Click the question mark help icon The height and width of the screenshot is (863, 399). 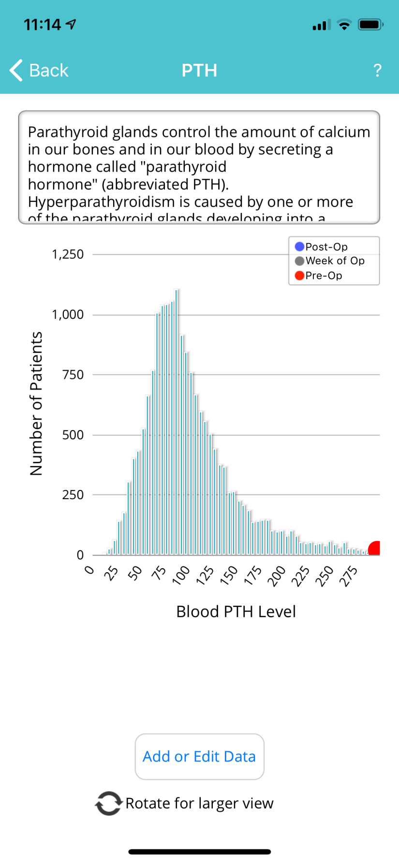378,71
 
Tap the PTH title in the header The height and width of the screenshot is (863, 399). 199,71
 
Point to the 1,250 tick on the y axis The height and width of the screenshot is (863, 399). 68,254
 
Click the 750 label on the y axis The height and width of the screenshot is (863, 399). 73,374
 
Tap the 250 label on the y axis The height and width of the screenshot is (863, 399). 73,495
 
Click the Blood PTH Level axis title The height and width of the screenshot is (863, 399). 236,612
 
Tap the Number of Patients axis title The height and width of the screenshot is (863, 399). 36,403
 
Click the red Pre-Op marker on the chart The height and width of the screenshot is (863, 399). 375,548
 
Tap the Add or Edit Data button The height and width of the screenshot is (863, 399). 199,756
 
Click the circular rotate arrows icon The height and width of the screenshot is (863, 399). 108,803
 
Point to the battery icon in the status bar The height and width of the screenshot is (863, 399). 370,25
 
